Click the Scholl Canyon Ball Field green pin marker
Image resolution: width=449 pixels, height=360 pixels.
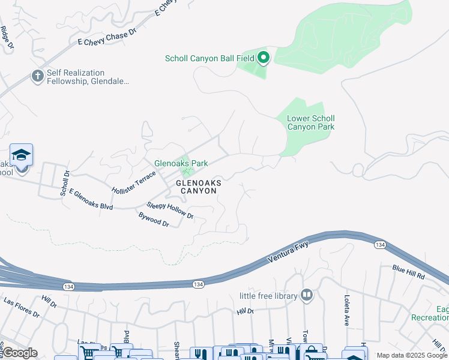(263, 58)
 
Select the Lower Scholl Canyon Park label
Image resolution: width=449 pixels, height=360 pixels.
(311, 122)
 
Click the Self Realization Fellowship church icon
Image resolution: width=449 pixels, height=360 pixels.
(37, 77)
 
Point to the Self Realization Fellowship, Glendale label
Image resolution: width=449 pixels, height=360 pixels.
(90, 77)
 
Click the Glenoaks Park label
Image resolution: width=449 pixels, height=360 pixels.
(181, 163)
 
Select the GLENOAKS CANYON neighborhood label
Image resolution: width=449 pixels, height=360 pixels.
(198, 186)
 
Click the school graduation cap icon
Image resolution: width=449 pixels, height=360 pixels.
(21, 155)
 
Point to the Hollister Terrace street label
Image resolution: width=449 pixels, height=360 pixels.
(133, 182)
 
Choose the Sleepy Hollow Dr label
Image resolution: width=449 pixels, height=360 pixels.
(170, 210)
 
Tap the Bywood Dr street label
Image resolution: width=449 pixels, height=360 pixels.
(154, 218)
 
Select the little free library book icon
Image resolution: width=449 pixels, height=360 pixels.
(307, 295)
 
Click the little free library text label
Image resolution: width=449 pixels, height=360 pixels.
(268, 296)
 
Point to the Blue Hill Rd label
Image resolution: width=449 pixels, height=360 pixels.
(409, 272)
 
